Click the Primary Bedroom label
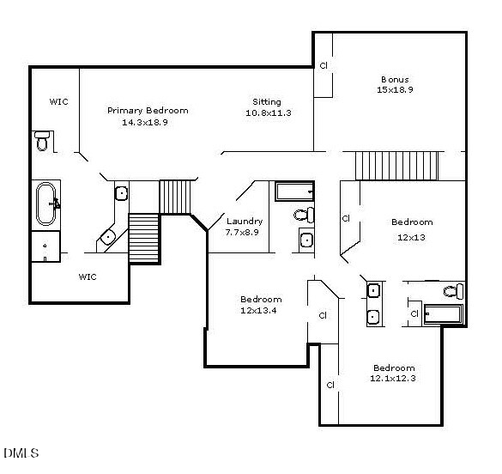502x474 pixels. [148, 111]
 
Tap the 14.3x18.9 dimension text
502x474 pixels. [145, 122]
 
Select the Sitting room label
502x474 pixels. [267, 102]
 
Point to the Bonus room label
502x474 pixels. [395, 79]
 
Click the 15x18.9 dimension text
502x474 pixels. [395, 89]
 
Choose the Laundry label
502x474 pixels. [245, 222]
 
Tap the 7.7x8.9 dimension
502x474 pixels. [242, 232]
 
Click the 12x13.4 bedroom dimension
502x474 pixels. [258, 310]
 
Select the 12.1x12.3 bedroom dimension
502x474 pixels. [393, 378]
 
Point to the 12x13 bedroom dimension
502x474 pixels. [411, 237]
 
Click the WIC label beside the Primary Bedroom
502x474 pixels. [59, 102]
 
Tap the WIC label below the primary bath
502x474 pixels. [88, 276]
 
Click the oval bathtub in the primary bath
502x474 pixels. [46, 204]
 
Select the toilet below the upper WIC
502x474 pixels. [42, 141]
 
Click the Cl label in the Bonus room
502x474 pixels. [324, 65]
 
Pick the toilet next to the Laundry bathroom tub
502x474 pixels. [304, 215]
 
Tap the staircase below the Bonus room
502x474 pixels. [396, 166]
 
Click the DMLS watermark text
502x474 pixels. [21, 453]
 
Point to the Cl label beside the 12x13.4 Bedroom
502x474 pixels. [323, 316]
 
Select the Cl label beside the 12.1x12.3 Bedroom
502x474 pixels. [330, 385]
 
